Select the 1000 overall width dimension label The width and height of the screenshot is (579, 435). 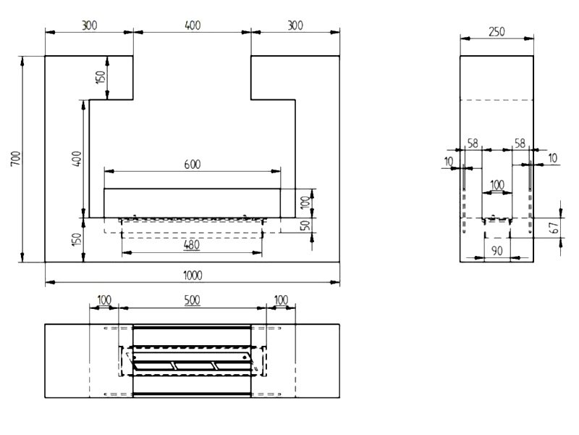(192, 275)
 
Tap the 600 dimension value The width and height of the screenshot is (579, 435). (192, 164)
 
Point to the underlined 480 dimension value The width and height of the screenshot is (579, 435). (191, 245)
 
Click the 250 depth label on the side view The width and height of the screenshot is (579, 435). (496, 32)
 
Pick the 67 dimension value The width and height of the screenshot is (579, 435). (554, 226)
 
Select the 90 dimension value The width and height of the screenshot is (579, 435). (496, 250)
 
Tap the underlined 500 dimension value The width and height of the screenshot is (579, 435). (192, 299)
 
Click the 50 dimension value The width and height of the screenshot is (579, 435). (306, 225)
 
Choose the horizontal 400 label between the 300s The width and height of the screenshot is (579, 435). (192, 25)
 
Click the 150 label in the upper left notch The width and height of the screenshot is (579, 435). (101, 76)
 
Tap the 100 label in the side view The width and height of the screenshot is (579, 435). (497, 185)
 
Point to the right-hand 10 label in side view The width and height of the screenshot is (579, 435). (553, 158)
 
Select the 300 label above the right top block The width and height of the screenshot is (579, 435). (295, 25)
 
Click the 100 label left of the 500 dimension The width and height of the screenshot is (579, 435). (103, 299)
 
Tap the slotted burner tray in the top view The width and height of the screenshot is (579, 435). (192, 361)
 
